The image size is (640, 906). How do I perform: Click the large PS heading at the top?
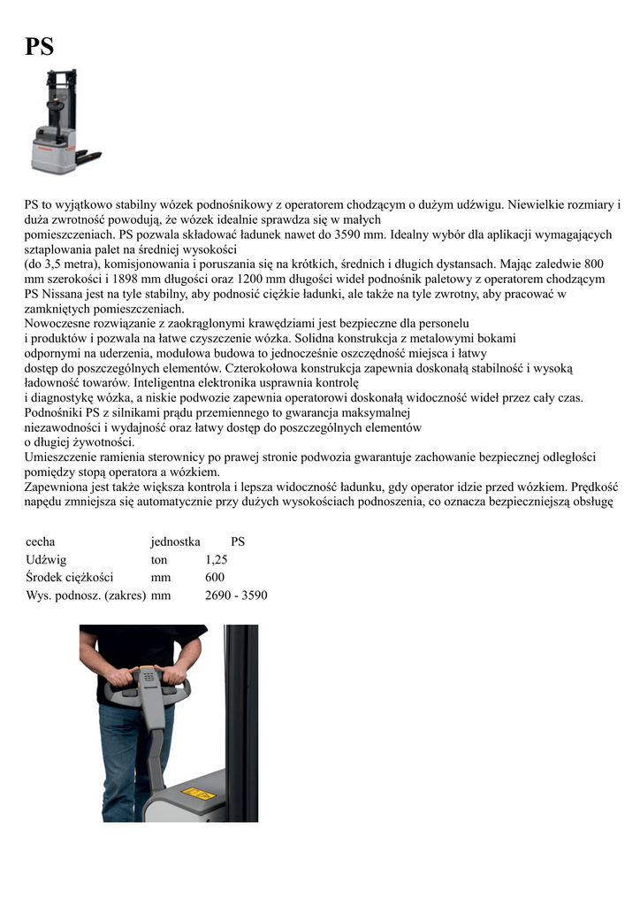pyautogui.click(x=39, y=47)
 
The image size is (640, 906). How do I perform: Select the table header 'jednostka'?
pyautogui.click(x=175, y=541)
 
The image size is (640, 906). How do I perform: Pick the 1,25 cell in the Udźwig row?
pyautogui.click(x=217, y=559)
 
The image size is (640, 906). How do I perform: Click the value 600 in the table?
pyautogui.click(x=215, y=577)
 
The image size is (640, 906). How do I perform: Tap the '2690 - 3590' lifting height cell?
pyautogui.click(x=236, y=595)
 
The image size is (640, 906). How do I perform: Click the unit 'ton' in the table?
pyautogui.click(x=160, y=559)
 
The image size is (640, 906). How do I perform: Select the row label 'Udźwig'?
pyautogui.click(x=46, y=559)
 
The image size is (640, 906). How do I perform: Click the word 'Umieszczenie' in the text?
pyautogui.click(x=63, y=457)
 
